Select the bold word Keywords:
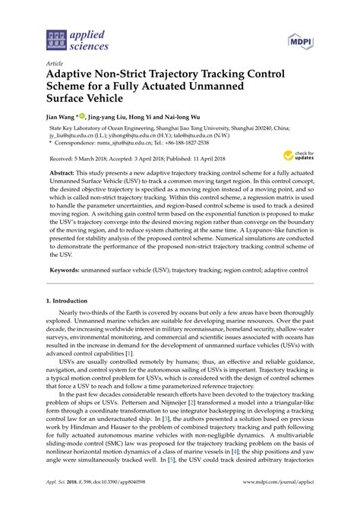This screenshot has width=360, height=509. [x=68, y=270]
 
